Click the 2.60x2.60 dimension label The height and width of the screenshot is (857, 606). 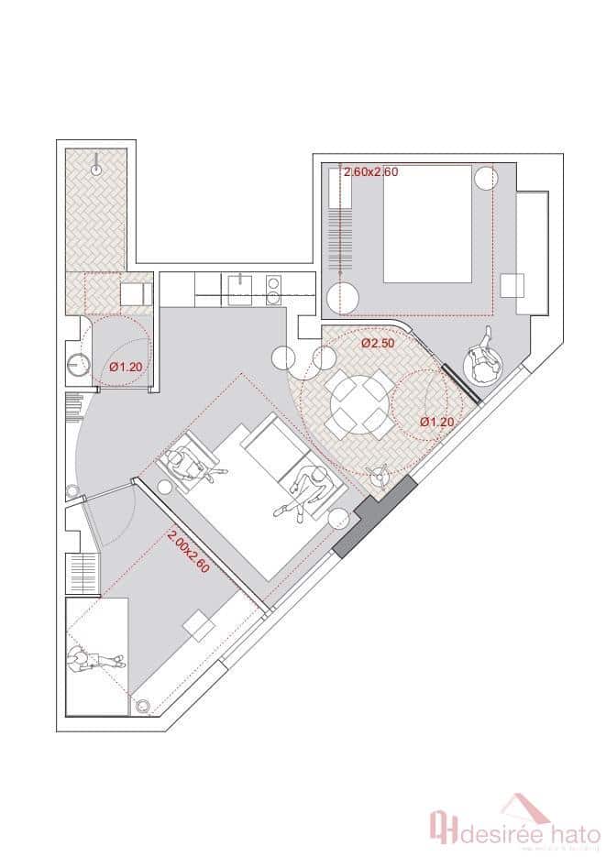[371, 171]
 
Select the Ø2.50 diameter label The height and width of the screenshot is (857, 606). [377, 343]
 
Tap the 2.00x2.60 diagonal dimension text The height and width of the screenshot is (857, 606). [190, 551]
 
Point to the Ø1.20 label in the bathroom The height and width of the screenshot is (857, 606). [126, 367]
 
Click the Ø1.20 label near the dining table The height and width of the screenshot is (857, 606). [437, 422]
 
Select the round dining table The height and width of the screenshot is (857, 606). [358, 401]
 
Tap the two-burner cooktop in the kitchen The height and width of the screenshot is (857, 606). [273, 290]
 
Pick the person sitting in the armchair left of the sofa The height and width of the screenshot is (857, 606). [193, 464]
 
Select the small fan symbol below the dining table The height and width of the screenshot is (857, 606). [377, 474]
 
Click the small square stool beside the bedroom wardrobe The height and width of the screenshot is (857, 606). [512, 284]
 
